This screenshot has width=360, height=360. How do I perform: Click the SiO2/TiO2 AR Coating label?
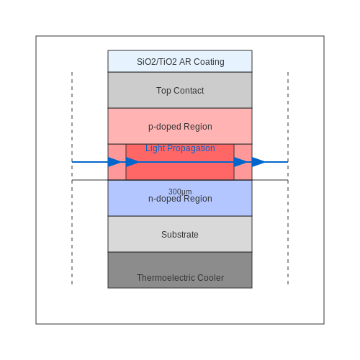click(181, 62)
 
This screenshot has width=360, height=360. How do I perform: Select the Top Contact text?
click(180, 91)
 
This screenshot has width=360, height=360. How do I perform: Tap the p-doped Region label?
click(180, 127)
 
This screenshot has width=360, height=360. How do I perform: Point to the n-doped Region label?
click(180, 199)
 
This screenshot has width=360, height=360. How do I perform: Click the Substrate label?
click(180, 235)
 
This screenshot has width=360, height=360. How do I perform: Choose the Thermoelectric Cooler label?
click(180, 278)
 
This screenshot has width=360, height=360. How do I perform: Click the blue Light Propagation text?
click(180, 148)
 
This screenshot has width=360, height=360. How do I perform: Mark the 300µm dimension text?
click(180, 192)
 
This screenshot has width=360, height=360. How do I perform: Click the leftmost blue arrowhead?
click(114, 162)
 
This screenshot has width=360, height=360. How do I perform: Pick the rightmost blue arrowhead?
click(258, 162)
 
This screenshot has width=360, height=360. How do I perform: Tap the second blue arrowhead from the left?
click(132, 162)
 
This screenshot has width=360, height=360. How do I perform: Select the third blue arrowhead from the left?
click(240, 162)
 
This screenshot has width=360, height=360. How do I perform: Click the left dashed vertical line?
click(72, 178)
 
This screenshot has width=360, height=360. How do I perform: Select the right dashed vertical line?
click(288, 178)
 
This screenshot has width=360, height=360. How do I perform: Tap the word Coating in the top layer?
click(209, 62)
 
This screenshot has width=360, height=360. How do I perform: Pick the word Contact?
click(189, 91)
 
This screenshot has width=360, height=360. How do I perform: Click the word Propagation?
click(191, 148)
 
